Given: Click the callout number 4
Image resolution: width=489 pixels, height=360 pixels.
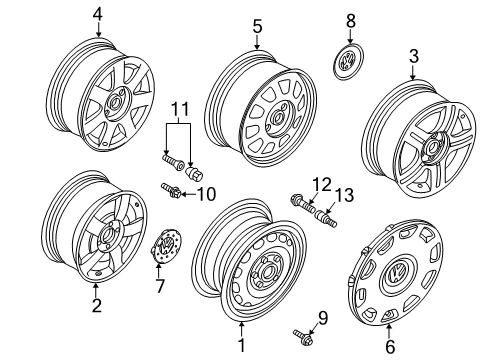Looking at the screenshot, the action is (x=98, y=15).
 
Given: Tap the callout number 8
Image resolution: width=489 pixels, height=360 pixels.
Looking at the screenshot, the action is (x=351, y=21).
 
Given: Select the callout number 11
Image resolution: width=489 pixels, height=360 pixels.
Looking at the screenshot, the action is (x=180, y=109).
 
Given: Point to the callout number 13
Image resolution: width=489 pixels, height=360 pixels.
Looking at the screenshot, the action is (x=344, y=195).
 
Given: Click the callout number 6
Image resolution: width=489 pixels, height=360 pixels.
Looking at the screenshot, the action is (x=390, y=347).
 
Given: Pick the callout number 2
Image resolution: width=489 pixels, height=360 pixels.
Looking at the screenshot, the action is (x=96, y=305).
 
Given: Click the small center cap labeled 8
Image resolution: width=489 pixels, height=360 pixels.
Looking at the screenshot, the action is (x=349, y=62).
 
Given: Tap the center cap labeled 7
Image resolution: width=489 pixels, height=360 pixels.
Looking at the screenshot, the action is (x=166, y=247).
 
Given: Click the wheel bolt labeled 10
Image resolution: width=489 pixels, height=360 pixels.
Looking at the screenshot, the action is (x=171, y=191).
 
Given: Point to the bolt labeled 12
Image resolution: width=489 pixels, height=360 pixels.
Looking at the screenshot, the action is (x=302, y=204).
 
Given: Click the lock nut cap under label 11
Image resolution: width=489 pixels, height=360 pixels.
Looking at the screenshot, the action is (x=194, y=173).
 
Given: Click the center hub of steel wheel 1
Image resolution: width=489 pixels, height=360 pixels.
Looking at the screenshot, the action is (x=266, y=272).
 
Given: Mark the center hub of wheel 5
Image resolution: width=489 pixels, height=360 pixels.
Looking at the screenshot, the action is (x=278, y=118).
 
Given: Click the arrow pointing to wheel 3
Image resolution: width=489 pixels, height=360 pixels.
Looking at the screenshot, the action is (x=413, y=73).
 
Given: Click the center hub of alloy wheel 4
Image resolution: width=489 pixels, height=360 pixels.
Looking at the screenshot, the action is (x=115, y=103).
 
